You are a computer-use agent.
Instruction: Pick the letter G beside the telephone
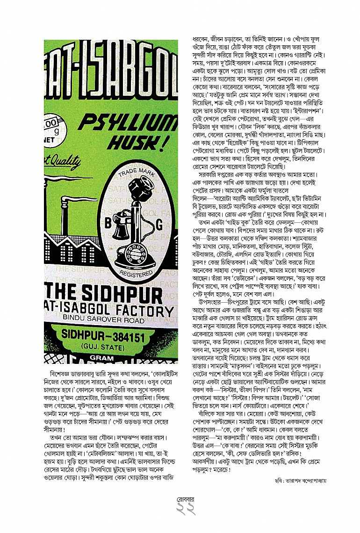159,226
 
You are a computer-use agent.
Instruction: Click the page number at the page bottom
180,517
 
